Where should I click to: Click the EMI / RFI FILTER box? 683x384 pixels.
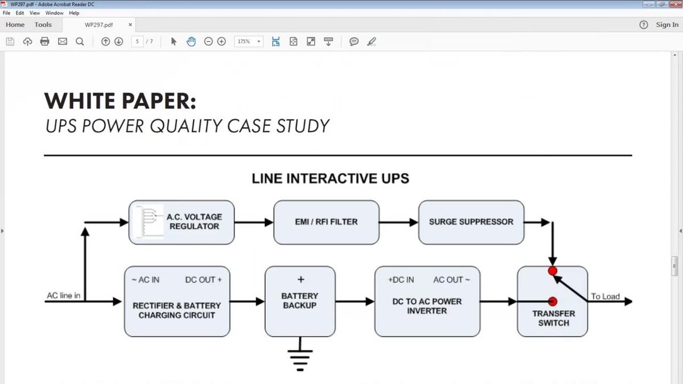pos(326,222)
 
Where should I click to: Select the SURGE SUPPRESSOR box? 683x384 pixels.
pos(471,222)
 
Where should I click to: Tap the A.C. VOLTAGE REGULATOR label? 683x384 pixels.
pos(194,222)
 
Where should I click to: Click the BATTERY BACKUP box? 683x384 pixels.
pos(300,301)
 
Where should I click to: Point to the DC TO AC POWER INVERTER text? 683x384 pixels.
pos(427,306)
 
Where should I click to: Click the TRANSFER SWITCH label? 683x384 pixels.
pos(553,318)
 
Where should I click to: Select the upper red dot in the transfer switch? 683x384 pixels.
pos(552,271)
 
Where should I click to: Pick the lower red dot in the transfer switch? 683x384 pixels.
pos(552,301)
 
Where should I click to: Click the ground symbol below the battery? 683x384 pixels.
pos(301,357)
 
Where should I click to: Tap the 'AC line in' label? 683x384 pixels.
pos(63,296)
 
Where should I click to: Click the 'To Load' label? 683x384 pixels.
pos(605,296)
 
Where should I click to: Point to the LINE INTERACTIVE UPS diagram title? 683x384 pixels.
pos(330,178)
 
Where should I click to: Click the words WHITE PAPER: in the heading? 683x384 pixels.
pos(120,101)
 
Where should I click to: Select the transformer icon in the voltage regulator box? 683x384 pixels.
pos(147,221)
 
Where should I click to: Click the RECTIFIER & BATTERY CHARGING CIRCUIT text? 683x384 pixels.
pos(176,310)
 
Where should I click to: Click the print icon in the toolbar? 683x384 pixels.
pos(45,42)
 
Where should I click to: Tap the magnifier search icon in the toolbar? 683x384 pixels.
pos(80,42)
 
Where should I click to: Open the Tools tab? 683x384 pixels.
pos(43,24)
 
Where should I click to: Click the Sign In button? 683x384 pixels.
pos(666,24)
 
